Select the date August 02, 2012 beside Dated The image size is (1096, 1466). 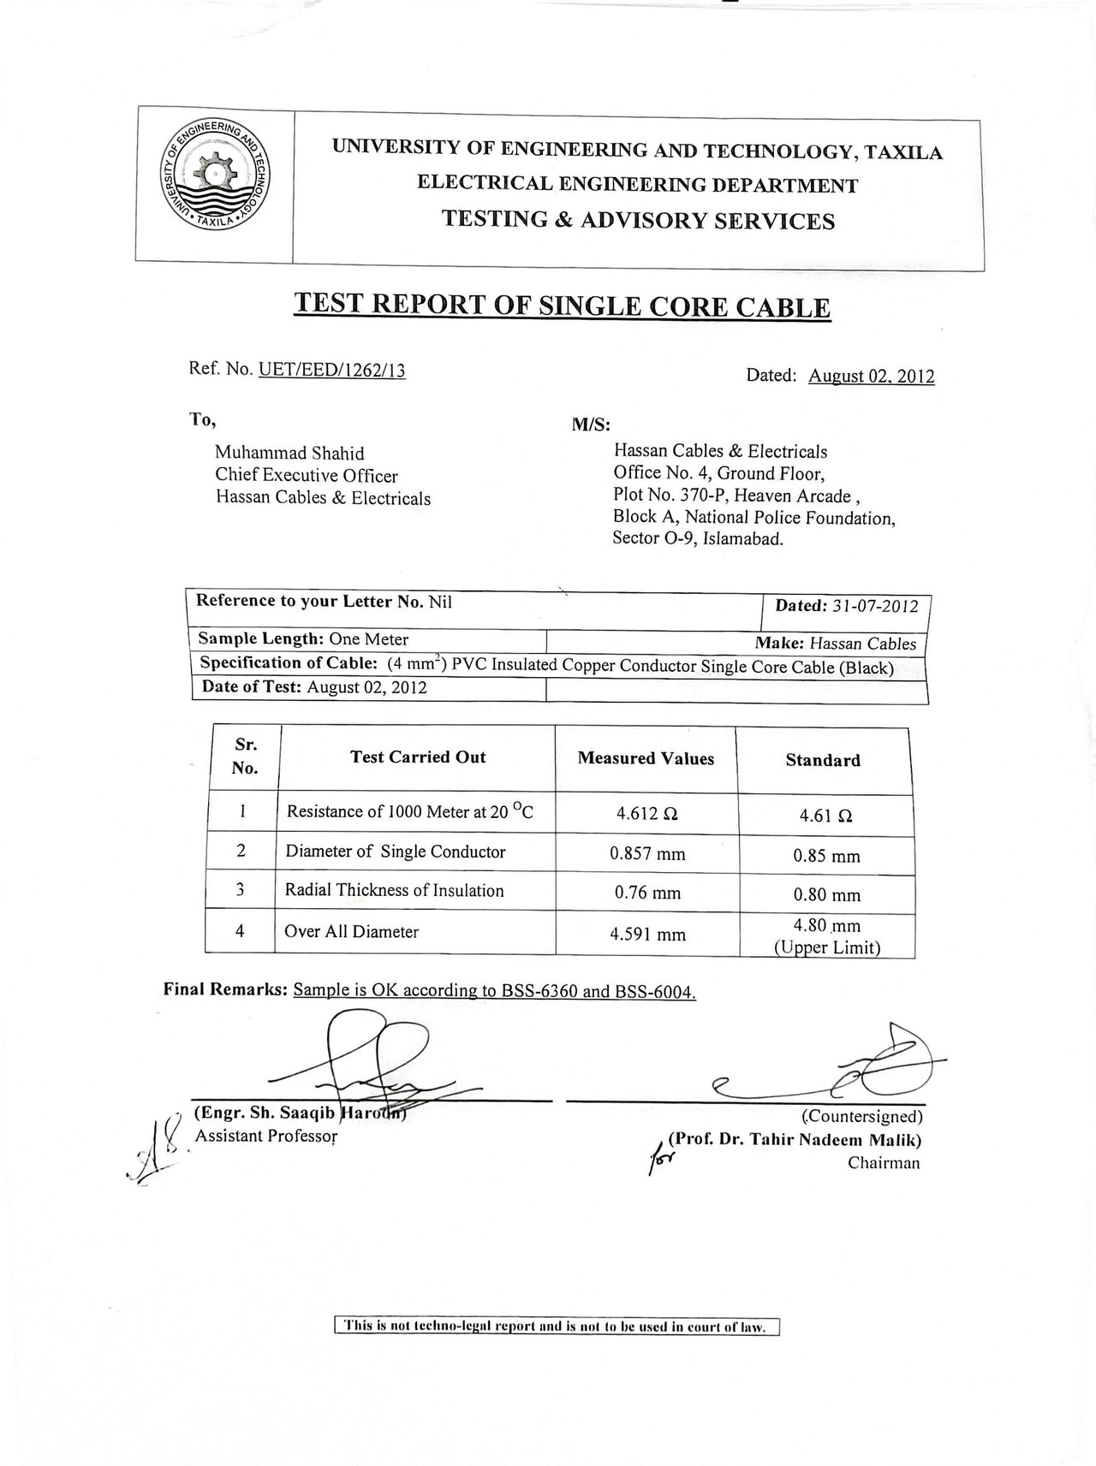871,376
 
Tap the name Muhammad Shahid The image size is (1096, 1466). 289,453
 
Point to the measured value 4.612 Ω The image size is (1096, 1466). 647,814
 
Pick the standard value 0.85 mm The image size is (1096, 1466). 825,855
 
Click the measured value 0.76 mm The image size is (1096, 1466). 647,893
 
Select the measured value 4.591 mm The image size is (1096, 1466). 647,934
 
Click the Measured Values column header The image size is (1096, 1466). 646,758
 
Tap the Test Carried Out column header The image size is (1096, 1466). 418,757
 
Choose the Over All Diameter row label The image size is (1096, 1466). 351,931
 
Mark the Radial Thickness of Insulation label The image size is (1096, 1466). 394,890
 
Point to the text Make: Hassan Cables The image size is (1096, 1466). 835,644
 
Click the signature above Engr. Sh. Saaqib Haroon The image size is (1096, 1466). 385,1061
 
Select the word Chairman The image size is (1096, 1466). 884,1162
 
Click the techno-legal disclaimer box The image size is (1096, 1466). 557,1327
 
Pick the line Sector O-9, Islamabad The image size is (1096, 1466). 698,539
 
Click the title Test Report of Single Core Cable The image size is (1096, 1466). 562,306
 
